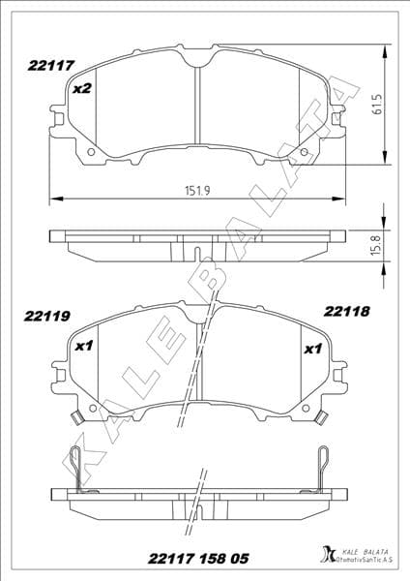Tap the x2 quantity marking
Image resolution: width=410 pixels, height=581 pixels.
coord(82,89)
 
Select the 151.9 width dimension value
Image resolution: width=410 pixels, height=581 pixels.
coord(197,191)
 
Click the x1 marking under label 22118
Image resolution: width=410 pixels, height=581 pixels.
coord(312,350)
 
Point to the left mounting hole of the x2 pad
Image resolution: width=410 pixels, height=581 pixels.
coord(91,151)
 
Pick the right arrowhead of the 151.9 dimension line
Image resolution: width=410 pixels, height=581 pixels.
coord(342,199)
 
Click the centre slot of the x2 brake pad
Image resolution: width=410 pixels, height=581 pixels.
coord(198,107)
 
